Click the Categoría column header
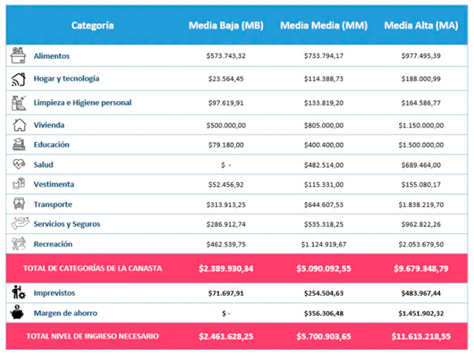click(93, 25)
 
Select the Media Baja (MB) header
click(226, 25)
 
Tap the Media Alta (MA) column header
click(422, 25)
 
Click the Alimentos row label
click(51, 56)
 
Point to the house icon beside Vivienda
click(19, 125)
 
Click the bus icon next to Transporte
click(19, 204)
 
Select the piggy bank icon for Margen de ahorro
click(19, 313)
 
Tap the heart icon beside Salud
click(19, 165)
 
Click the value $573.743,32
click(226, 56)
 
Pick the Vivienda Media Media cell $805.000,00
click(323, 125)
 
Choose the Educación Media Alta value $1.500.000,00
click(422, 145)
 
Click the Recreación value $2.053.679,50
click(422, 244)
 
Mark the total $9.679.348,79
click(422, 268)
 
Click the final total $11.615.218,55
click(422, 338)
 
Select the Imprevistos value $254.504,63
click(323, 294)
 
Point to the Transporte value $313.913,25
click(226, 205)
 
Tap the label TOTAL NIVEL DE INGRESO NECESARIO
click(93, 338)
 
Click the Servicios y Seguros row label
click(66, 224)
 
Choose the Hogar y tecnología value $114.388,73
click(323, 79)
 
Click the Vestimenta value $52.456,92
click(226, 185)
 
